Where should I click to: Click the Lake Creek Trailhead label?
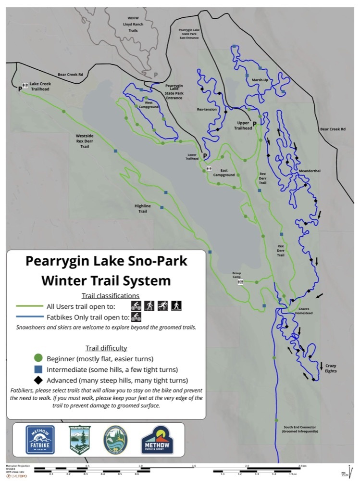click(40, 86)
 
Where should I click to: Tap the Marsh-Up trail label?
click(260, 80)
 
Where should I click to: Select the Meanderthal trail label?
click(310, 171)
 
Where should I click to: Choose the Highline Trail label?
click(143, 208)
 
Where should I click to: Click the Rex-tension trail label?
click(207, 109)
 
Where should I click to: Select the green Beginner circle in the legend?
click(38, 358)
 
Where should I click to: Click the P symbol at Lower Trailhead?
click(205, 156)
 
